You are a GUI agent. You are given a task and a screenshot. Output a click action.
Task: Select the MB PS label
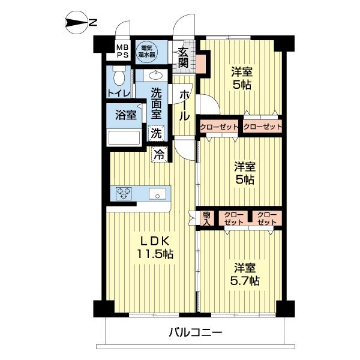tap(122, 51)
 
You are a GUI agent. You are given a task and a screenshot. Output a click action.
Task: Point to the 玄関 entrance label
tap(183, 55)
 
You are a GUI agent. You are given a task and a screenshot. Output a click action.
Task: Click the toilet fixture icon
tap(119, 76)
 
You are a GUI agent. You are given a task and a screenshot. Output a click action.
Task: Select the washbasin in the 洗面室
tap(155, 76)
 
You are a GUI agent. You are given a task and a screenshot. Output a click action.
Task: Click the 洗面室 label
tap(156, 103)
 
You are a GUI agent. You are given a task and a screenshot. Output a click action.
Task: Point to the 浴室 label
tap(124, 115)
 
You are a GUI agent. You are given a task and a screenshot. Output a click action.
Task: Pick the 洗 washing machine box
tap(155, 133)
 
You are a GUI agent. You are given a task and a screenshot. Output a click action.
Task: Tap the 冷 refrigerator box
tap(160, 154)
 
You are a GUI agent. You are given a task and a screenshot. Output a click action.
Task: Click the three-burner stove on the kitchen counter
tap(125, 193)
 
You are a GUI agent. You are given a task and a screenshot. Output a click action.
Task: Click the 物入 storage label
tap(206, 218)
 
